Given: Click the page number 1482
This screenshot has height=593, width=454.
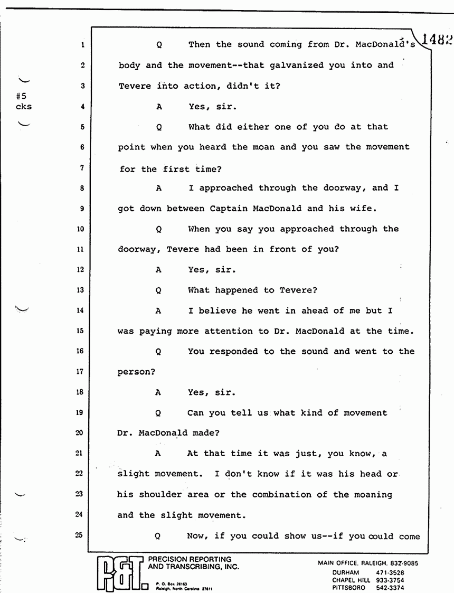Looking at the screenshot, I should click(x=438, y=40).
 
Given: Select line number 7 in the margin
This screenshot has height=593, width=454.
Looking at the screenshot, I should click(x=82, y=168).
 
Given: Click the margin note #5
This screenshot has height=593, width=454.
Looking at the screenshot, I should click(x=21, y=97).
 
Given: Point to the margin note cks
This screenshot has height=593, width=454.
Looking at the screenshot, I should click(x=23, y=107).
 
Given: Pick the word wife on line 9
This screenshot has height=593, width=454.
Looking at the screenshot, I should click(x=364, y=209).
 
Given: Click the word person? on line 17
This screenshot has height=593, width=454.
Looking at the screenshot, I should click(x=136, y=372).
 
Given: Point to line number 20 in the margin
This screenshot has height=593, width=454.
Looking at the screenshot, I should click(x=80, y=432).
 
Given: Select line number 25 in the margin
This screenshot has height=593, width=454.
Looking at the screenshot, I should click(x=79, y=535).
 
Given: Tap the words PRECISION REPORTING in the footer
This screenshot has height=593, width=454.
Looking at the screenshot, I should click(x=190, y=559).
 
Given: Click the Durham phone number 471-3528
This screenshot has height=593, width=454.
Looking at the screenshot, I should click(x=390, y=572).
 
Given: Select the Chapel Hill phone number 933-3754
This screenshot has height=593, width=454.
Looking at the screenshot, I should click(x=390, y=580).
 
